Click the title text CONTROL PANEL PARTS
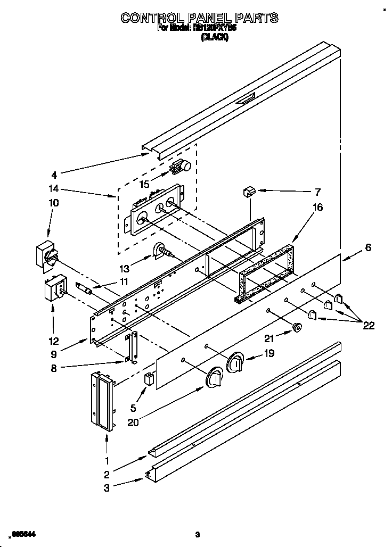click(x=199, y=18)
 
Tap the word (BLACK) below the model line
click(x=214, y=38)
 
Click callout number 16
click(x=317, y=208)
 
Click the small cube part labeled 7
click(x=249, y=192)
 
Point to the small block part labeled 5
click(x=149, y=380)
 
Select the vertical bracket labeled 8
click(x=132, y=349)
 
